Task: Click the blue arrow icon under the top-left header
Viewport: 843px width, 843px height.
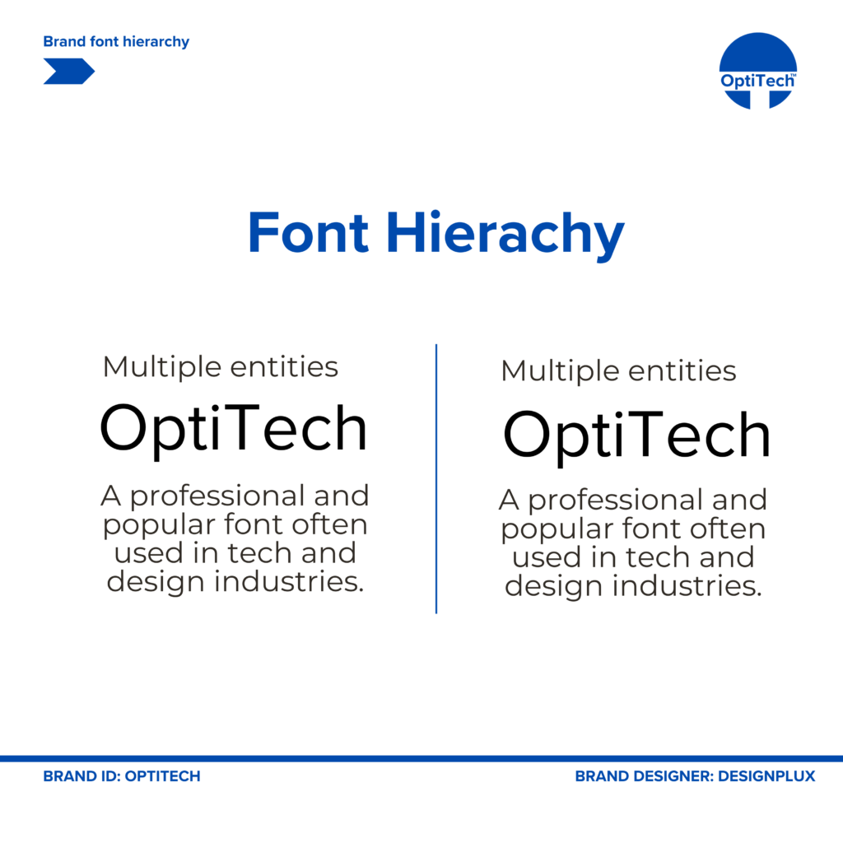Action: coord(69,71)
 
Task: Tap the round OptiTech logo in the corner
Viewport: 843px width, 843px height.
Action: coord(758,71)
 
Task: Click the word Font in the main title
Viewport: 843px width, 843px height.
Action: coord(308,232)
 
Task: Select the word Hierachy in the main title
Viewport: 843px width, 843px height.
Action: coord(505,235)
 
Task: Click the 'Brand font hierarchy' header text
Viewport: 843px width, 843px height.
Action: coord(116,41)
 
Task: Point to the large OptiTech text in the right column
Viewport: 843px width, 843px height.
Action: coord(636,435)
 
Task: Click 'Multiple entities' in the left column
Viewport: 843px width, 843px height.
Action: coord(221,367)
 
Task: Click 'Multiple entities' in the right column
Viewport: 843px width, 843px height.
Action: coord(618,371)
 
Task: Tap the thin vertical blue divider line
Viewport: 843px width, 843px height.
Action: coord(436,478)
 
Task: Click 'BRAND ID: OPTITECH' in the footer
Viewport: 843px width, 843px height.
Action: coord(122,776)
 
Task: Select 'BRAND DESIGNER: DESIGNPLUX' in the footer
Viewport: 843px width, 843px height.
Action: coord(695,776)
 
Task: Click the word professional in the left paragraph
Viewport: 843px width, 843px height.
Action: coord(217,496)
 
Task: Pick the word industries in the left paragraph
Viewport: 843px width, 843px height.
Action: coord(289,581)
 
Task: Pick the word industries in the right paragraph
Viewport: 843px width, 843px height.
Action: coord(687,585)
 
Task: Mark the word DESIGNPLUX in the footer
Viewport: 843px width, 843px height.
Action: coord(766,776)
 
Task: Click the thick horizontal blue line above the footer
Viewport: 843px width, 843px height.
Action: coord(421,758)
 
